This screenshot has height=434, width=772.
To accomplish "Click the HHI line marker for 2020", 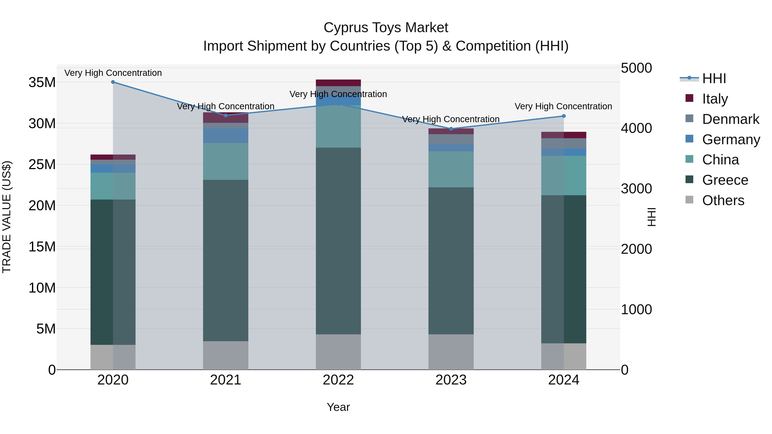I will click(x=113, y=82).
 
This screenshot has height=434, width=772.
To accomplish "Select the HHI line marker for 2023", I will click(x=451, y=129).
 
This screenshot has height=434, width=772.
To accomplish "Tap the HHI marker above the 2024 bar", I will click(x=564, y=116).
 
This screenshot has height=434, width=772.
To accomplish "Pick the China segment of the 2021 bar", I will click(x=226, y=161).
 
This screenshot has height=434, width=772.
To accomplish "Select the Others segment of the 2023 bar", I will click(x=451, y=352).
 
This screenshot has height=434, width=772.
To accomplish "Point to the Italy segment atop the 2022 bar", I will click(x=338, y=83).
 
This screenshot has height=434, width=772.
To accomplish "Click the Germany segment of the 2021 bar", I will click(x=226, y=135).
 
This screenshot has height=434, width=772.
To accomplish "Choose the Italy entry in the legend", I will click(x=715, y=99).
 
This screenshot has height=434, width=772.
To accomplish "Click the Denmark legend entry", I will click(x=730, y=119).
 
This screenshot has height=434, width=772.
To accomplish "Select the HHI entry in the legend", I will click(x=714, y=78).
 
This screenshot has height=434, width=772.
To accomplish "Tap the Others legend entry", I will click(x=723, y=200).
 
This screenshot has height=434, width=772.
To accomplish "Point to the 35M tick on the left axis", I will click(x=42, y=82).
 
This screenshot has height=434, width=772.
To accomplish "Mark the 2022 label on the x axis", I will click(x=338, y=380).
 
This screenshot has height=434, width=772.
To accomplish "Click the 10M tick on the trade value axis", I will click(x=42, y=288).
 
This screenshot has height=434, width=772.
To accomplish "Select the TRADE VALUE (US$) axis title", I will click(x=7, y=217).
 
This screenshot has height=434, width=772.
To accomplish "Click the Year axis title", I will click(x=338, y=407).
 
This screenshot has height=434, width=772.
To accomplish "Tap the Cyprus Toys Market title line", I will click(x=386, y=28).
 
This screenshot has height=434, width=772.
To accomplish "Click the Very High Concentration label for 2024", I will click(x=563, y=106).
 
